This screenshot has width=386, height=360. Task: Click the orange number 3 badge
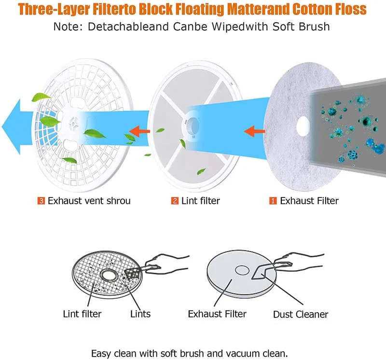coord(41,201)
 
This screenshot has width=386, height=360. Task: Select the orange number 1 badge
coord(273,201)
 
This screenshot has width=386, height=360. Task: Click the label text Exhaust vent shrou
coord(89,201)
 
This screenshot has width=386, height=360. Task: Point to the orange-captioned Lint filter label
coord(200,201)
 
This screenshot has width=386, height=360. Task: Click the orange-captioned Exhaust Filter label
coord(309,201)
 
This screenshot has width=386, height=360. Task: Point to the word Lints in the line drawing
coord(140,314)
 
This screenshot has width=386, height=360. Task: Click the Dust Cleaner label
coord(301,315)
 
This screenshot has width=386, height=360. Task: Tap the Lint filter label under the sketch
coord(82,314)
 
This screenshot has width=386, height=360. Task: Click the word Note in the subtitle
coord(69,26)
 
